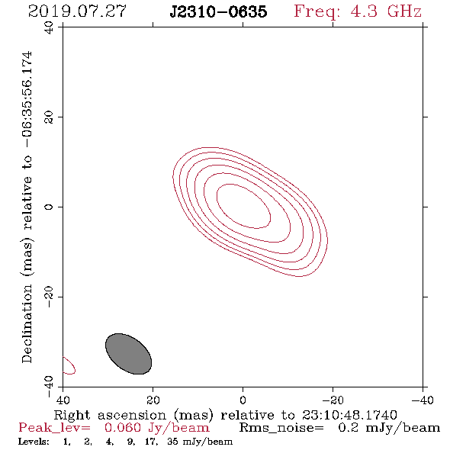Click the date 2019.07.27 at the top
[x=77, y=11]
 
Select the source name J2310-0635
[x=218, y=11]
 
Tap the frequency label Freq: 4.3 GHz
[x=358, y=11]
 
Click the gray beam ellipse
[x=129, y=354]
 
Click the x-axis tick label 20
[x=153, y=400]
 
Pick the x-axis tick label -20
[x=333, y=400]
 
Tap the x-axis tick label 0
[x=243, y=400]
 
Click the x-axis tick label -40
[x=423, y=400]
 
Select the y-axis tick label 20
[x=49, y=117]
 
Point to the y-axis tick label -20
[x=49, y=297]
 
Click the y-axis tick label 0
[x=49, y=207]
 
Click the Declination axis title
[x=27, y=207]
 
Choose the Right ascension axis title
[x=226, y=415]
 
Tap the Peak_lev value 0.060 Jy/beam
[x=156, y=428]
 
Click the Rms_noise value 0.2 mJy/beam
[x=389, y=428]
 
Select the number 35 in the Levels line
[x=172, y=441]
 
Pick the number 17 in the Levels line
[x=151, y=442]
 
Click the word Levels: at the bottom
[x=34, y=442]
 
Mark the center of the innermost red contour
[x=243, y=207]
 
